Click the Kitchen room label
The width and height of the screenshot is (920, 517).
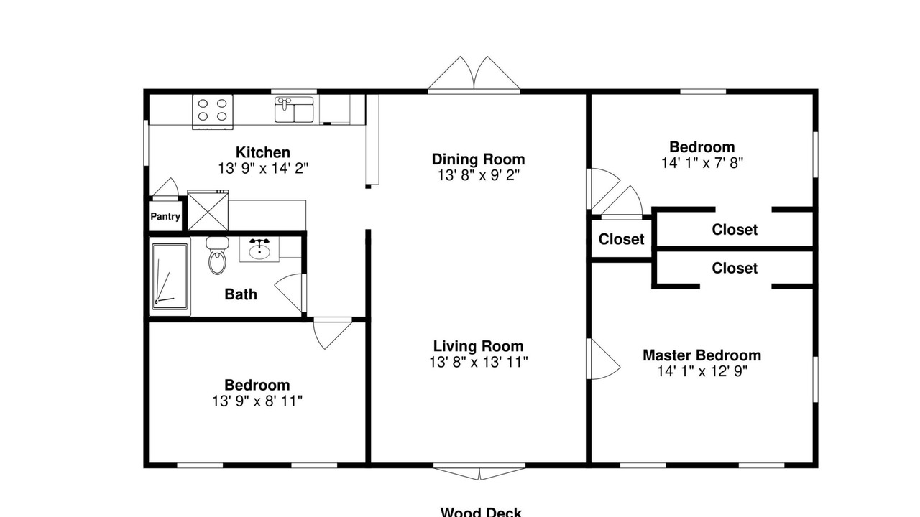click(263, 153)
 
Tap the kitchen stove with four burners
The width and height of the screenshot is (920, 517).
click(213, 111)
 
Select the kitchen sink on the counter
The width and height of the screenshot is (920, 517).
click(294, 109)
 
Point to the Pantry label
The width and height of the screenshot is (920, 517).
click(165, 217)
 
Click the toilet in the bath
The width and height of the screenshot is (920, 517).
click(217, 256)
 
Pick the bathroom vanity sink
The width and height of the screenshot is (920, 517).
click(259, 249)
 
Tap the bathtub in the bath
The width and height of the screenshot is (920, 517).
click(170, 276)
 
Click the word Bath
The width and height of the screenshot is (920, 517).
click(241, 294)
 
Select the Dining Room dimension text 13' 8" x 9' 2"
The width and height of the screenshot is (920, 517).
click(479, 176)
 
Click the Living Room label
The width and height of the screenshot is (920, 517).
click(479, 346)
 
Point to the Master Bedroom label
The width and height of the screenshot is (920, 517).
click(702, 355)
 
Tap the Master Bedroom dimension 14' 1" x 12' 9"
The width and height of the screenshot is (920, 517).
click(702, 371)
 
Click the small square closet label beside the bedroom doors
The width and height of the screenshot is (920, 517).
click(621, 239)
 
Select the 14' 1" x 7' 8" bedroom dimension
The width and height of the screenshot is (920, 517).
click(702, 163)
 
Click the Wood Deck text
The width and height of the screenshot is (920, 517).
click(481, 512)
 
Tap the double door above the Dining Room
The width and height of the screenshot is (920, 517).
click(474, 74)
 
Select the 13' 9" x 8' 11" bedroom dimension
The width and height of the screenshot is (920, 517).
click(257, 401)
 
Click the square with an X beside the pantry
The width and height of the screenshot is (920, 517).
click(208, 211)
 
